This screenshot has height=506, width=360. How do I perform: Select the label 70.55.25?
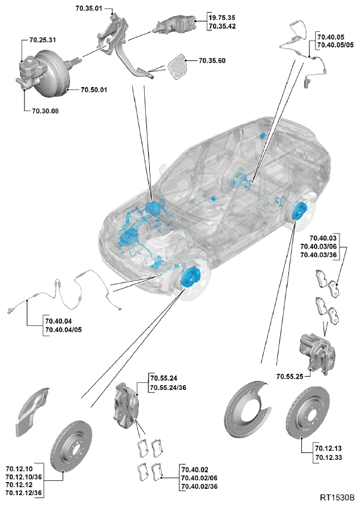click(290, 376)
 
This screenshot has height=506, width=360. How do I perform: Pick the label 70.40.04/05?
click(63, 330)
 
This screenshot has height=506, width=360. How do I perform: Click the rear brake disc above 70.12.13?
click(310, 414)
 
